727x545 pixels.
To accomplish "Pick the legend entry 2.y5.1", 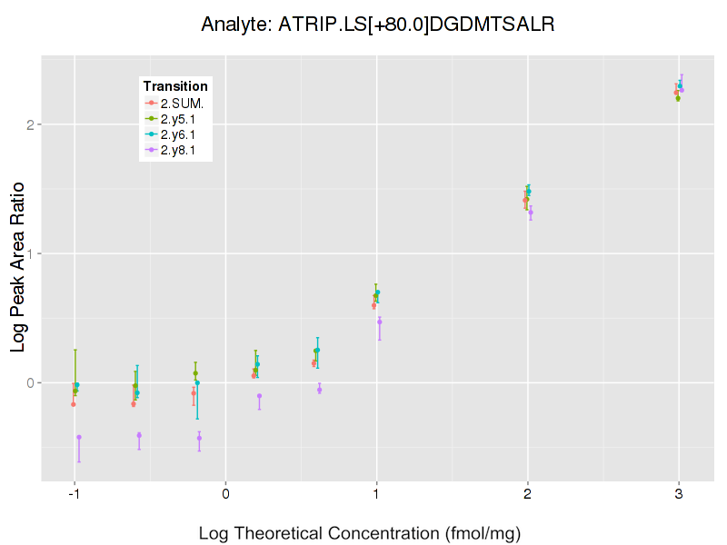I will click(182, 119).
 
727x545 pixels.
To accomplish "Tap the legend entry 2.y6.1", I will click(182, 134).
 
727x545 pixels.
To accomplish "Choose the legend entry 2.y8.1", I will click(182, 151).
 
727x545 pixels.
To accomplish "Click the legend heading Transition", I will click(175, 86).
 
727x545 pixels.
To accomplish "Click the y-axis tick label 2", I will click(30, 124).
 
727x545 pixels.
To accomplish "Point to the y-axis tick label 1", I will click(30, 253).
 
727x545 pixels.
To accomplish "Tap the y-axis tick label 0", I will click(30, 382).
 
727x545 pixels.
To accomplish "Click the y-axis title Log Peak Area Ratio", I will click(18, 278).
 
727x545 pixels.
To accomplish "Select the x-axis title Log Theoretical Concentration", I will click(360, 533).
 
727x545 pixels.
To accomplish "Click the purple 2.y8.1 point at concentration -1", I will click(79, 437).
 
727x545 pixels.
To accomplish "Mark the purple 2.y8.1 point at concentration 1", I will click(380, 322).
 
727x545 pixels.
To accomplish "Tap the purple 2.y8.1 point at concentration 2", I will click(531, 213).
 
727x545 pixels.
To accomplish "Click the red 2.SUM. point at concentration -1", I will click(73, 404).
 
